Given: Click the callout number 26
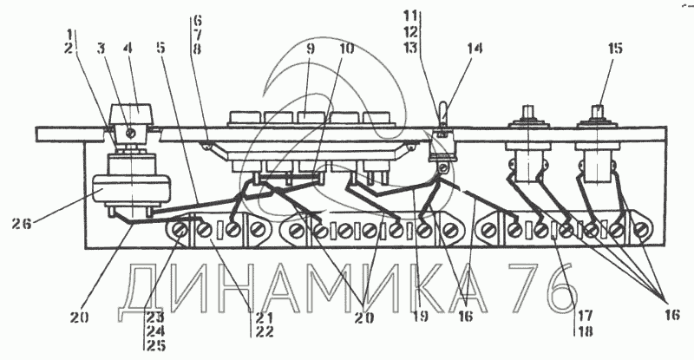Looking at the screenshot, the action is (x=22, y=224).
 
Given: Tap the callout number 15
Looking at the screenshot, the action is (x=615, y=48).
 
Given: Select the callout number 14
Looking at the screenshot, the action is (x=474, y=48).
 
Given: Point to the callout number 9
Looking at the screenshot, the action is (x=310, y=48).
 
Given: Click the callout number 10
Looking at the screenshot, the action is (x=346, y=48).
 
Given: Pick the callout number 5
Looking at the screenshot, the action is (x=160, y=48).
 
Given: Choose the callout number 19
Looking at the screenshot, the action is (x=421, y=316).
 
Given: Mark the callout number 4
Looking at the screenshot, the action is (x=128, y=48).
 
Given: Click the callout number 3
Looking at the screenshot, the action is (x=101, y=48).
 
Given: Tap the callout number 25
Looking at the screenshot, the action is (x=156, y=345).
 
